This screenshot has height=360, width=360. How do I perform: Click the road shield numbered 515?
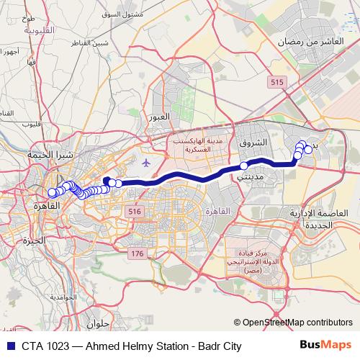coord(277,84)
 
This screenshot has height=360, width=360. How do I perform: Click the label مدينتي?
coord(251,176)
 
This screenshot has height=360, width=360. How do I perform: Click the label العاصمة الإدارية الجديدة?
coord(312,220)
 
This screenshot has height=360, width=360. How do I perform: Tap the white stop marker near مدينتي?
coord(244,166)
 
